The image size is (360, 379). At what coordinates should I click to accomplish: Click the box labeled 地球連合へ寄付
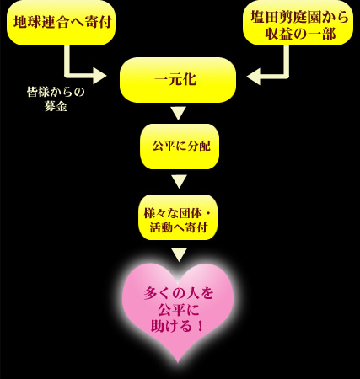pyautogui.click(x=61, y=23)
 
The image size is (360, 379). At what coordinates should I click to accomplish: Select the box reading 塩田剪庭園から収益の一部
pyautogui.click(x=298, y=23)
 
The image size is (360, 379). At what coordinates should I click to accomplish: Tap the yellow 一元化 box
pyautogui.click(x=178, y=80)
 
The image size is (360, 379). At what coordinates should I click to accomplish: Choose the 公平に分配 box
pyautogui.click(x=180, y=147)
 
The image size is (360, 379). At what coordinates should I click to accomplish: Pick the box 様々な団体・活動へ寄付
pyautogui.click(x=178, y=217)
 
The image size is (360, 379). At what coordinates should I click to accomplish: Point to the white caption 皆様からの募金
pyautogui.click(x=56, y=99)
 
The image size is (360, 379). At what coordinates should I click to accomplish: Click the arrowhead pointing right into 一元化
pyautogui.click(x=99, y=76)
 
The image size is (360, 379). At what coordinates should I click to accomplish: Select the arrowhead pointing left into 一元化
pyautogui.click(x=253, y=77)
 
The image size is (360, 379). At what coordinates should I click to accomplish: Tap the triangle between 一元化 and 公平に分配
pyautogui.click(x=179, y=113)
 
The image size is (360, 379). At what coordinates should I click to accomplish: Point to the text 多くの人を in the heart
pyautogui.click(x=179, y=294)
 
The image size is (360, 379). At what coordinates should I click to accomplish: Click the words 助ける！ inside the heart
pyautogui.click(x=177, y=326)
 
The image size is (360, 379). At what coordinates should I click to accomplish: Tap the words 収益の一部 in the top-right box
pyautogui.click(x=300, y=34)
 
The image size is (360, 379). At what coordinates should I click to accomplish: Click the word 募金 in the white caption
pyautogui.click(x=56, y=107)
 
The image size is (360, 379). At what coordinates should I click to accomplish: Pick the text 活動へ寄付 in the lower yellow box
pyautogui.click(x=179, y=227)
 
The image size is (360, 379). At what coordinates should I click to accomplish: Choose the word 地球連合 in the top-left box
pyautogui.click(x=42, y=22)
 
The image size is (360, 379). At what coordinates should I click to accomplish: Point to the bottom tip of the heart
pyautogui.click(x=178, y=363)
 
